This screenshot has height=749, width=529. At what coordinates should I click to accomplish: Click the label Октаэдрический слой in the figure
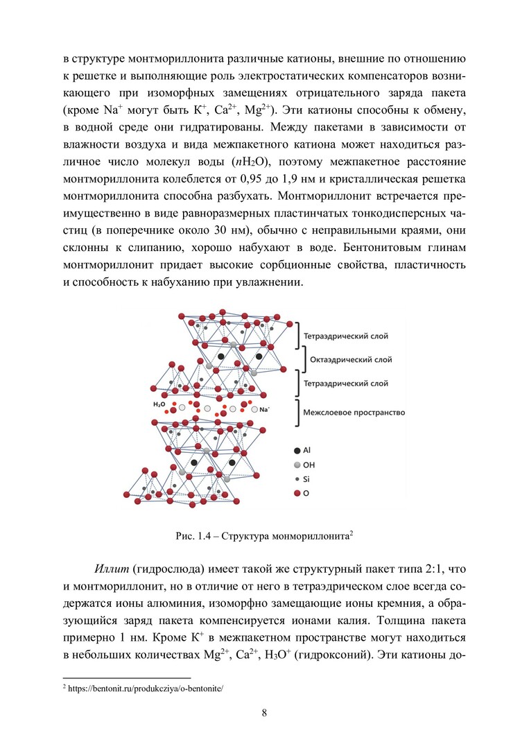350,360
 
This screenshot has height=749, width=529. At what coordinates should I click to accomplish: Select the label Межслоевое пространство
354,412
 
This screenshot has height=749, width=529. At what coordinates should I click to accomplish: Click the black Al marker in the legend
297,450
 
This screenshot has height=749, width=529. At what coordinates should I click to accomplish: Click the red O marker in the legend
297,493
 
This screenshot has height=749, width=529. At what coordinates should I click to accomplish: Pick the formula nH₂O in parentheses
249,163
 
